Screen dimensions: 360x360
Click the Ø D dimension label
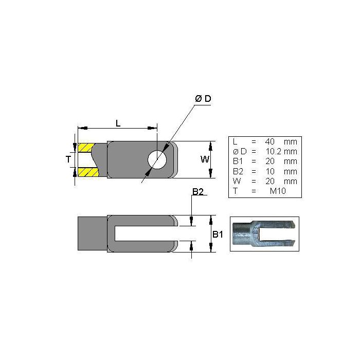[203, 99]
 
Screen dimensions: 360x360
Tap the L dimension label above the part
[118, 123]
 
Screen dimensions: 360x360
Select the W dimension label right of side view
[205, 159]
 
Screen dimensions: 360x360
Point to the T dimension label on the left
[68, 160]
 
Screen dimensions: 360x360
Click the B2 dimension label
[199, 192]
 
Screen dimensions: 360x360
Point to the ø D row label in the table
[238, 151]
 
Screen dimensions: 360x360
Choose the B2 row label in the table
[237, 171]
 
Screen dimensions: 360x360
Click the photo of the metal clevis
[264, 233]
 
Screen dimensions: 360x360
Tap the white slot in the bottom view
[147, 233]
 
